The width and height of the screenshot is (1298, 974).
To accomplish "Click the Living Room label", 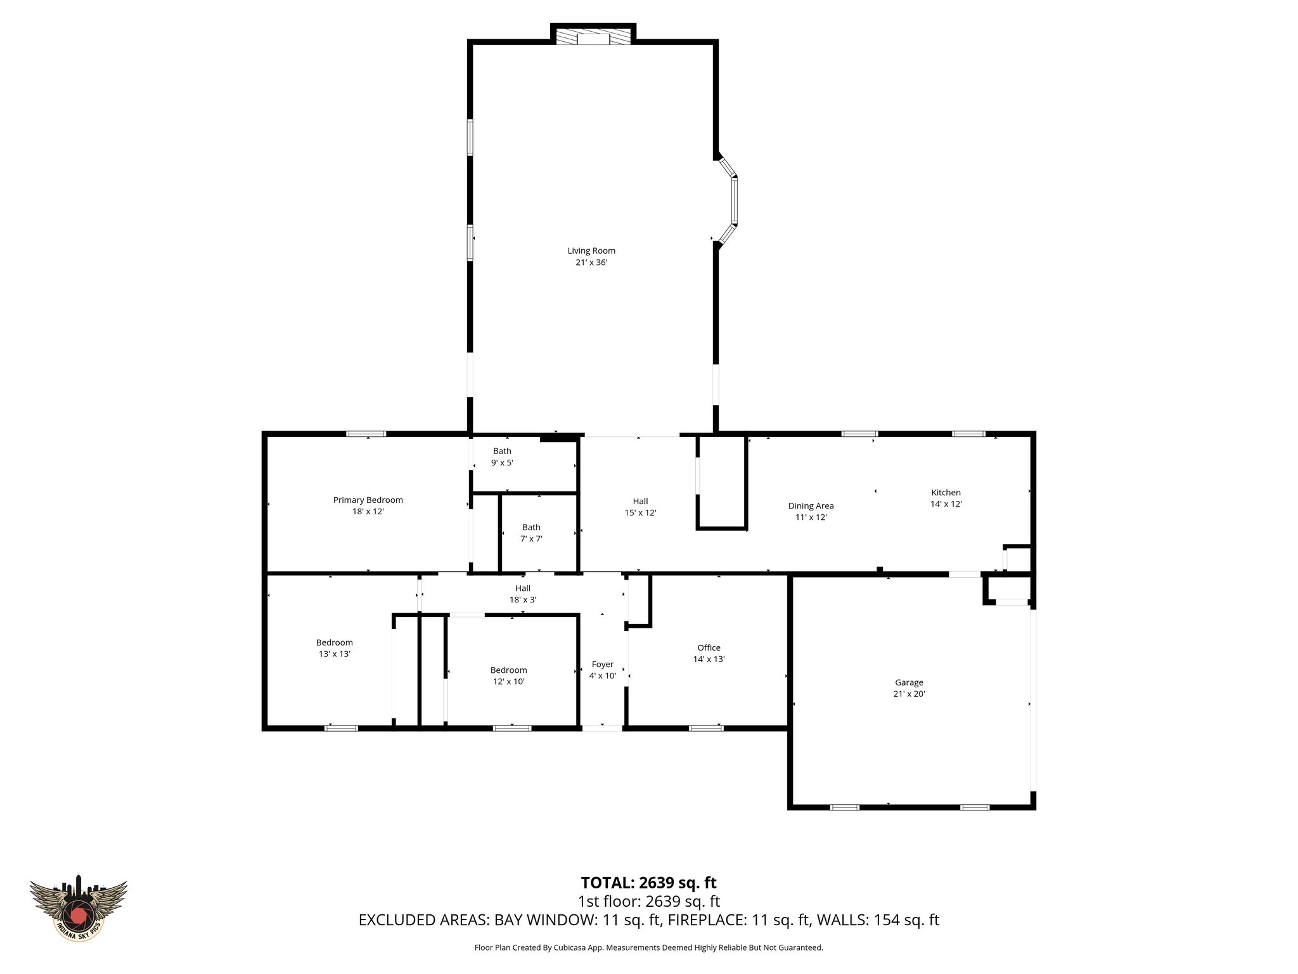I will [591, 250].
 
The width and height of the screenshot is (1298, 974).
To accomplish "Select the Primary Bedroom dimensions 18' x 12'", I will [368, 511].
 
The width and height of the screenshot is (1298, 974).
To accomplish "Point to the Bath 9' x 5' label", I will [502, 457].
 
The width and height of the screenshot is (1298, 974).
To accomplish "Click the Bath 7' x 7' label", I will [531, 533].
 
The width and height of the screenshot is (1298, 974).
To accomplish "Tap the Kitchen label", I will [946, 493].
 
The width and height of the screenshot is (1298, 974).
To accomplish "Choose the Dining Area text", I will [811, 506].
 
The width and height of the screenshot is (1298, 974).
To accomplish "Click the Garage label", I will [909, 682].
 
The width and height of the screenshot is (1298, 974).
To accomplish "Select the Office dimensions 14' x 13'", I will [709, 659].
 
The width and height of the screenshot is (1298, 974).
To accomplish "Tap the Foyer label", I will [602, 665].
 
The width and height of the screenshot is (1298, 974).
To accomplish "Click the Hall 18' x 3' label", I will [522, 594].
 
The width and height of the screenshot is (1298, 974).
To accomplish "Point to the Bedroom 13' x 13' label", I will [334, 647].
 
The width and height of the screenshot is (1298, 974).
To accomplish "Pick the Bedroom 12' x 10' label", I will [508, 675].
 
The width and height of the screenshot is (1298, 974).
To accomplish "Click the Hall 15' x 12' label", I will [640, 507].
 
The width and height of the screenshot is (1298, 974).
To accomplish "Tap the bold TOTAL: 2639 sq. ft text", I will [648, 883].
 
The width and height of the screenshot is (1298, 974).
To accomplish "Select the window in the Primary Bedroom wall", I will [366, 434].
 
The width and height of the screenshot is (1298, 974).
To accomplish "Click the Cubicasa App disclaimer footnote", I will [648, 947].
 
